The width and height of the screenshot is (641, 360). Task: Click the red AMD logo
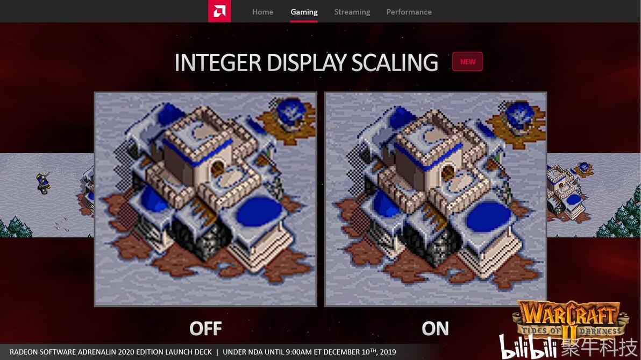point(219,11)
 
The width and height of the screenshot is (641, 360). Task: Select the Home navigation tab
point(262,12)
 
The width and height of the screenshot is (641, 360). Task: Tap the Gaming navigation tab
point(304,12)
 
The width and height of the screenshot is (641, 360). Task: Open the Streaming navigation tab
point(352,12)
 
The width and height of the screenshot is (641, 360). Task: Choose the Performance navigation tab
point(409,12)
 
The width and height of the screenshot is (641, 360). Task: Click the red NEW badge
point(467,62)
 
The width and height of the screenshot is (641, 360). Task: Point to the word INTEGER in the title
point(218,62)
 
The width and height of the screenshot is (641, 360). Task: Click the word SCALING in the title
point(395,62)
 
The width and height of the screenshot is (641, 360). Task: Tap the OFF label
point(205,328)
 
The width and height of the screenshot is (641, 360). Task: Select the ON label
point(435,328)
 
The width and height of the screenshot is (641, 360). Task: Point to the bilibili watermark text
point(528,347)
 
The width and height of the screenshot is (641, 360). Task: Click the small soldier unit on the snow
point(43,183)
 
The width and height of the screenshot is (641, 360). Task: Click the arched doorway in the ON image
point(448,172)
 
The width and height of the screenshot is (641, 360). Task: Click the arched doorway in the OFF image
point(217,167)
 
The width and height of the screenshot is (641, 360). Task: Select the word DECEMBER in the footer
point(341,352)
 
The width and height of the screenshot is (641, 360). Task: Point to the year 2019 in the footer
point(388,352)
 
